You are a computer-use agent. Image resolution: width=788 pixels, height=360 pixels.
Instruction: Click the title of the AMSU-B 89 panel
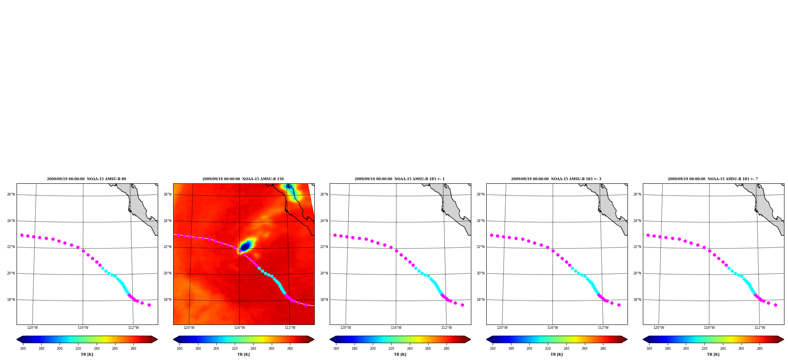[86, 179]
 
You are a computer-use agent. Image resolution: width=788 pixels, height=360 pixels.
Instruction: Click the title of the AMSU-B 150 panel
[243, 179]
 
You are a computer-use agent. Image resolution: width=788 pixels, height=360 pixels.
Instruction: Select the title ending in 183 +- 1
[400, 179]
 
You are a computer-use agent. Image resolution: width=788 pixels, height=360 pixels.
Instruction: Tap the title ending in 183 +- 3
[556, 179]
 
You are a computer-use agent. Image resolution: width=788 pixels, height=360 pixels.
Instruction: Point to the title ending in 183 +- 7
[713, 179]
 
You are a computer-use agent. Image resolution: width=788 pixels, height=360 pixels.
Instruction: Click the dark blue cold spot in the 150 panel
[245, 247]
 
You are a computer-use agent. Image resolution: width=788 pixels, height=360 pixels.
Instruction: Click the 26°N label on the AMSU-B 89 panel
[11, 194]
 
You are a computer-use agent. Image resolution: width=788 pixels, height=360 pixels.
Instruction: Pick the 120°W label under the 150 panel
[189, 328]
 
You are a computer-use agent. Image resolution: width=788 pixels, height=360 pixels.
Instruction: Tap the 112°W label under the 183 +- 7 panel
[760, 328]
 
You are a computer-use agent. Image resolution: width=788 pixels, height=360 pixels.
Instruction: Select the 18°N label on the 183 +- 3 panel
[480, 300]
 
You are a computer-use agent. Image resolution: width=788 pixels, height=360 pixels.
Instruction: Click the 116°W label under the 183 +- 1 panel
[396, 328]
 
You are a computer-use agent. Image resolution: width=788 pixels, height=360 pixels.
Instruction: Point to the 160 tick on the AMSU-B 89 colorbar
[23, 349]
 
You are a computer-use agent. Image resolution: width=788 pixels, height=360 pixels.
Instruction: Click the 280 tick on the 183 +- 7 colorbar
[760, 349]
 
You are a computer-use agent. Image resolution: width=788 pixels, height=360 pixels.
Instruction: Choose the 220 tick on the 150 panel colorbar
[235, 349]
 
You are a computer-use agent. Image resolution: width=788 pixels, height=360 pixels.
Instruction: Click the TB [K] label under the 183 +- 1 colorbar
[400, 354]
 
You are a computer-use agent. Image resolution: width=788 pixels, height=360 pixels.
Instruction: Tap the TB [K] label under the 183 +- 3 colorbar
[556, 354]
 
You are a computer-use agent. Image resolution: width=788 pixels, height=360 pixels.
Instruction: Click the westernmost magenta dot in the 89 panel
[22, 235]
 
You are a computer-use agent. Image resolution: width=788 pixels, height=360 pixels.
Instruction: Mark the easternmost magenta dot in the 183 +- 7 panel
[775, 305]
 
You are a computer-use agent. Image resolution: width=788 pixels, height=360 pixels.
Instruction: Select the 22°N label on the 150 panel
[167, 247]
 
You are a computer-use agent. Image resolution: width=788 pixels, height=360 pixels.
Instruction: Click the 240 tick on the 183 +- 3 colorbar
[566, 349]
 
